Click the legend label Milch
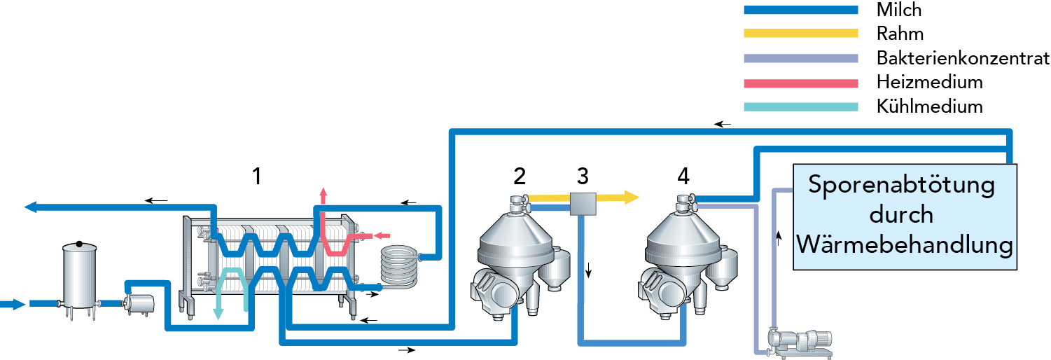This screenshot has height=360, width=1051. (x=899, y=10)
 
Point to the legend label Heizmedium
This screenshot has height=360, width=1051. (x=929, y=82)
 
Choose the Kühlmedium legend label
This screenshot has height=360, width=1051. (x=929, y=106)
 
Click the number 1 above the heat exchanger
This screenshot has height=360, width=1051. (x=257, y=176)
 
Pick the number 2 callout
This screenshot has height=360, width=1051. (x=519, y=176)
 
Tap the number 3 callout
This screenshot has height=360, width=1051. (x=583, y=176)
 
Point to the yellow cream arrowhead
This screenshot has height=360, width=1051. (x=632, y=197)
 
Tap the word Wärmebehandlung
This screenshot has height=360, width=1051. (x=905, y=245)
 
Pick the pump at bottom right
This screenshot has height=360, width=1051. (x=798, y=342)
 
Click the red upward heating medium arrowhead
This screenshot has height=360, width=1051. (x=323, y=193)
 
